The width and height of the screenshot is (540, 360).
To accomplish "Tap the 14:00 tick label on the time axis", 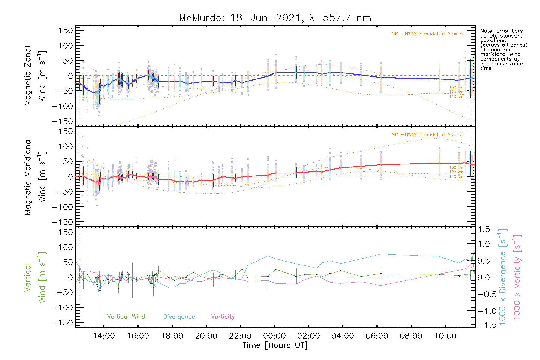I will click(104, 336).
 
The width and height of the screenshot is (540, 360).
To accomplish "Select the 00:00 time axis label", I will click(274, 336).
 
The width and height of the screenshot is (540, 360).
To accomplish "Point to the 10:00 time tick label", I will click(445, 336).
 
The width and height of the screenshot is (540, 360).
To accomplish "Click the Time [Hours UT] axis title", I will click(275, 345).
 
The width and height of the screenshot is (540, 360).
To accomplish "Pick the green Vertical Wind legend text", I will click(126, 317).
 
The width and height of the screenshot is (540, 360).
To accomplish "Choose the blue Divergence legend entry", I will click(179, 317).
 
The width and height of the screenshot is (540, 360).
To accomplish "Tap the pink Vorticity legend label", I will click(223, 317).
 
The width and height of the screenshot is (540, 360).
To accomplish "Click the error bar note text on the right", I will click(503, 49).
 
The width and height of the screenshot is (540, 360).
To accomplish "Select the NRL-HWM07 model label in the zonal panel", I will click(427, 34).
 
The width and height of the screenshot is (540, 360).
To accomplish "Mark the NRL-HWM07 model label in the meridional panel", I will click(427, 135).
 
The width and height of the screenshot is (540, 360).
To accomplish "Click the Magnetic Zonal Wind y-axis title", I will click(35, 76).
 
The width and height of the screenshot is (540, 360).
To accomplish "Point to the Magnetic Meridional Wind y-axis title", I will click(35, 177).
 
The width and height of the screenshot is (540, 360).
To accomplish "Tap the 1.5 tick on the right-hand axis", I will click(484, 229).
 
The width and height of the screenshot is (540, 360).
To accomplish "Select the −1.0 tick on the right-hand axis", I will click(484, 311).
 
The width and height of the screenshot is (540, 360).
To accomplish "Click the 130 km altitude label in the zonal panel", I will click(456, 87).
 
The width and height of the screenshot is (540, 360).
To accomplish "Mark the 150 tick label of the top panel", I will click(66, 31).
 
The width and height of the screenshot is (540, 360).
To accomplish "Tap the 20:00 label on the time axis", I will click(206, 336).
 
